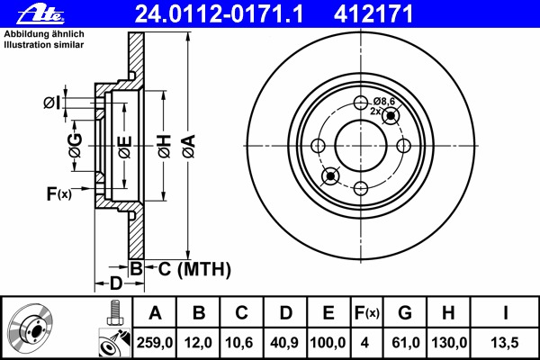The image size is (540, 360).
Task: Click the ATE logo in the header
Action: pyautogui.click(x=40, y=14)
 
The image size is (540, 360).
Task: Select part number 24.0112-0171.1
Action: pyautogui.click(x=219, y=14)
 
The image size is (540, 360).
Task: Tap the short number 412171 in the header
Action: pyautogui.click(x=373, y=14)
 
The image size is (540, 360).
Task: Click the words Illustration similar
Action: pyautogui.click(x=44, y=45)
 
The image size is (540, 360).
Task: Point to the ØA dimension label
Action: pyautogui.click(x=189, y=147)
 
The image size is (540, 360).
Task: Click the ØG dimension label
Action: pyautogui.click(x=76, y=146)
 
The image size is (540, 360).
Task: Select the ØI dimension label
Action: pyautogui.click(x=51, y=103)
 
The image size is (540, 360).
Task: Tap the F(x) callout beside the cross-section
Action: pyautogui.click(x=58, y=194)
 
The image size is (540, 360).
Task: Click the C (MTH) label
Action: pyautogui.click(x=194, y=269)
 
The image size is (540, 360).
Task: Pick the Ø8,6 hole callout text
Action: pyautogui.click(x=384, y=101)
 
